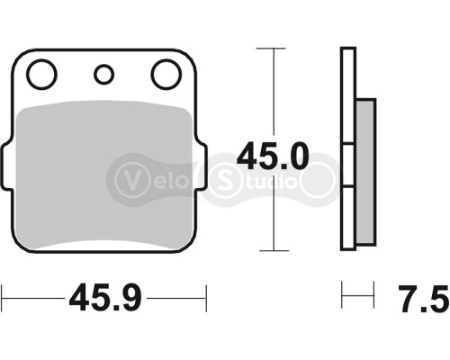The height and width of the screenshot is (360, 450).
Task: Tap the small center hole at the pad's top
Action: (x=104, y=75)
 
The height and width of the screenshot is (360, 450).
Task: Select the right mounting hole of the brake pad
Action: (x=166, y=75)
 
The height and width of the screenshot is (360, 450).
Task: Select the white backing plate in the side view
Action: (x=347, y=148)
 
